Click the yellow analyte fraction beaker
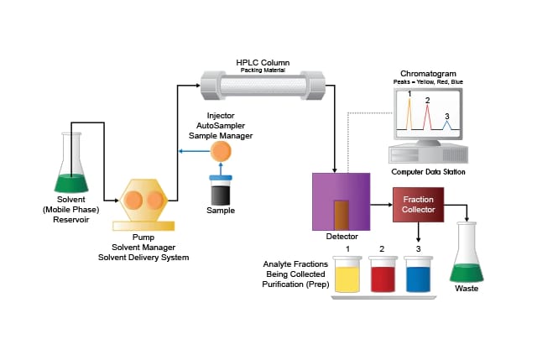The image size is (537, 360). click(x=347, y=275)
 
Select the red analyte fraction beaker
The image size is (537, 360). click(x=382, y=275)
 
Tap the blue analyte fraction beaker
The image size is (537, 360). click(x=417, y=275)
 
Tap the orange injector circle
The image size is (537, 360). click(x=222, y=151)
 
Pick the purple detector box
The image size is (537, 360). click(x=340, y=201)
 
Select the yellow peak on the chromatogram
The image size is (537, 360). click(x=409, y=114)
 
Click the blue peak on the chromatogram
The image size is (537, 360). click(x=447, y=125)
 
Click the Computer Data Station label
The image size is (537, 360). click(x=428, y=172)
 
